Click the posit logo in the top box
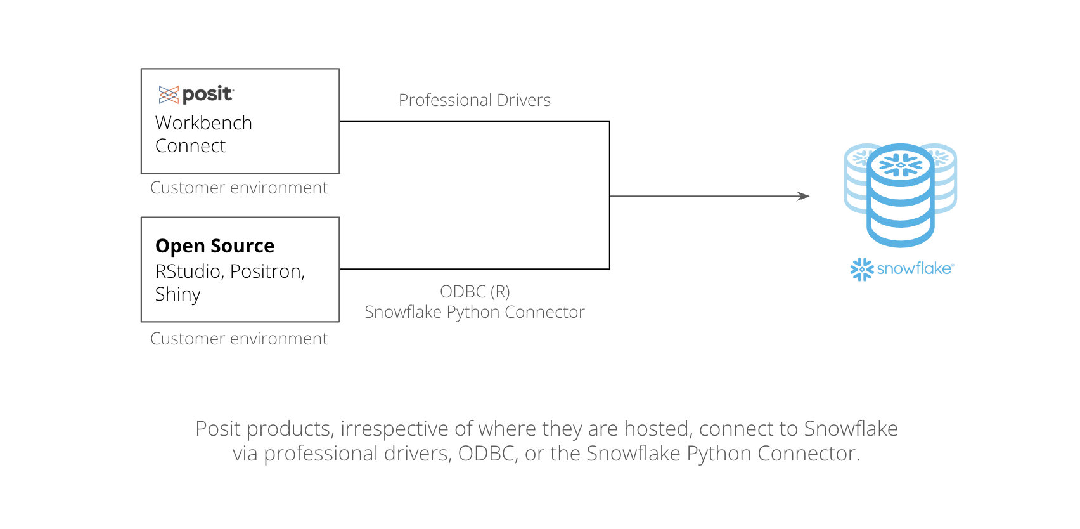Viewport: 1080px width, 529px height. (x=196, y=94)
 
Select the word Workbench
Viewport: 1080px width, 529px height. (x=203, y=123)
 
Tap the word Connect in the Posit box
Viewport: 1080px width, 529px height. (x=190, y=146)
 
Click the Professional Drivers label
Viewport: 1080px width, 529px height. (x=475, y=100)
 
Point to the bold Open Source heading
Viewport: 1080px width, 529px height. (x=215, y=245)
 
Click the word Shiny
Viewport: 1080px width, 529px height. (x=178, y=294)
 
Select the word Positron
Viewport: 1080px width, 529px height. (x=267, y=271)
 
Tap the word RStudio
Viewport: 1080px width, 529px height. (x=190, y=271)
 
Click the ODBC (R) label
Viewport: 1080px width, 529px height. (x=475, y=292)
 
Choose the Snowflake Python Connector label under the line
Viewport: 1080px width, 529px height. (x=475, y=312)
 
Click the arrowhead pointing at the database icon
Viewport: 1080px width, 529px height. (x=803, y=196)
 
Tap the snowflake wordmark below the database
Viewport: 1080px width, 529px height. (x=915, y=268)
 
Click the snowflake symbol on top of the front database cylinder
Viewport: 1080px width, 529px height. (x=901, y=165)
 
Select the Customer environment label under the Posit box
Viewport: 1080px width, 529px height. (x=239, y=187)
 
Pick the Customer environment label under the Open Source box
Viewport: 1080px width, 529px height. (x=239, y=338)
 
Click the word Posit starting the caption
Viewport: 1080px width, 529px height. (x=218, y=429)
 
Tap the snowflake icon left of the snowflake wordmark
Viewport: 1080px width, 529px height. (x=862, y=270)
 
